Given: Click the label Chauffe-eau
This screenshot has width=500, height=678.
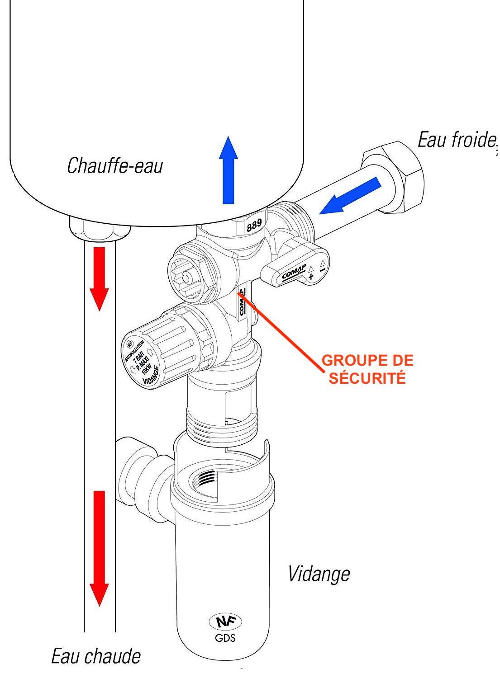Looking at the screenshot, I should tap(115, 166).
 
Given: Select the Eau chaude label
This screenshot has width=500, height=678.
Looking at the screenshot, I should tap(95, 656).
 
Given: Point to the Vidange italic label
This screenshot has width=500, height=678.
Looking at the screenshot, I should tap(319, 574).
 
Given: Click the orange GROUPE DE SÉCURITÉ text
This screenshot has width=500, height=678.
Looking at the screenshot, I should tap(367, 369).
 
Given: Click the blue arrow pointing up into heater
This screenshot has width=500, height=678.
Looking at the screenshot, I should tap(228, 169).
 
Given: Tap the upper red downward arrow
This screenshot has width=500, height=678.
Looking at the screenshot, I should tap(99, 278).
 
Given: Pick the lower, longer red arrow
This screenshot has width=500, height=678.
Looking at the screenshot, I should tap(99, 547).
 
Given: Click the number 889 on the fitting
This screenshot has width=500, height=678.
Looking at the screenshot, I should tap(253, 225).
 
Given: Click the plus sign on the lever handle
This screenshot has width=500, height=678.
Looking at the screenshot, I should tap(311, 276).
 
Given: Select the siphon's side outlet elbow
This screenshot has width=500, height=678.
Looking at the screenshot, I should tap(136, 470).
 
